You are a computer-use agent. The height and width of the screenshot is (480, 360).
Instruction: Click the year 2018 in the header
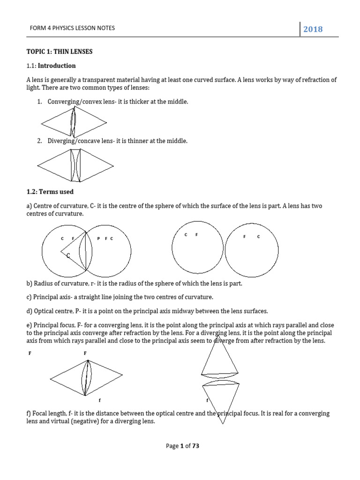[313, 29]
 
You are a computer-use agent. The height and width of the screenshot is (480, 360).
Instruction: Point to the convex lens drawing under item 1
[73, 123]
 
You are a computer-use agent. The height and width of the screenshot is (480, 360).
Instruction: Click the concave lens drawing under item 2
[75, 165]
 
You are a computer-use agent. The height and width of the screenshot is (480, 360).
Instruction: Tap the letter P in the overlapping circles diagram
[98, 239]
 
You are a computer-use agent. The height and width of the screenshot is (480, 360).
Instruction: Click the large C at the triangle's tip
[68, 255]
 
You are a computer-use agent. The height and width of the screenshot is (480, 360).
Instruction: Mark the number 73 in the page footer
[195, 446]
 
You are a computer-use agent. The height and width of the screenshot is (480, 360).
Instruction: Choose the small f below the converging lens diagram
[99, 401]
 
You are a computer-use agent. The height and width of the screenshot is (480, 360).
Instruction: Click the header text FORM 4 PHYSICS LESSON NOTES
[72, 28]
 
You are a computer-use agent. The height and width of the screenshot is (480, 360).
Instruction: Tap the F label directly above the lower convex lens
[85, 353]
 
